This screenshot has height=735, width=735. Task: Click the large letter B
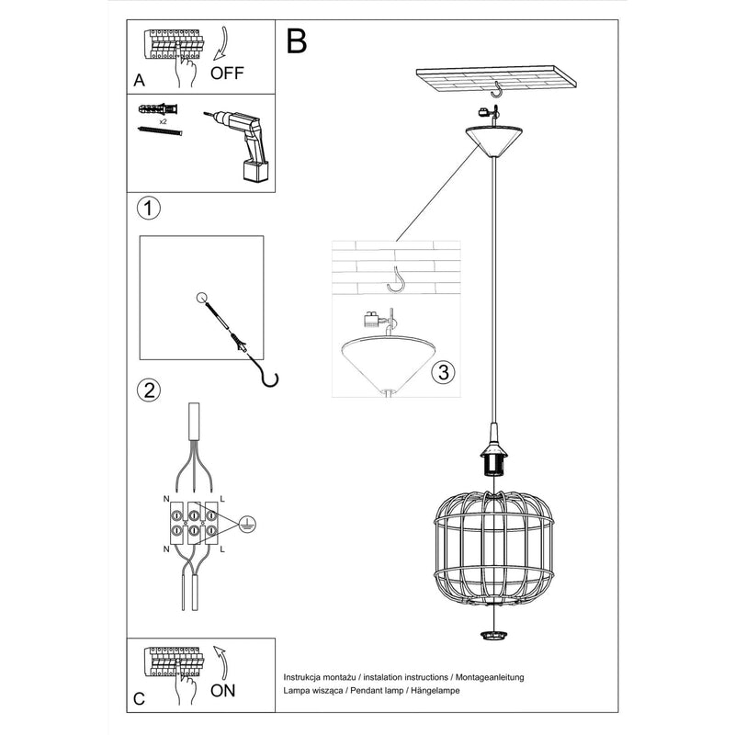pos(296,40)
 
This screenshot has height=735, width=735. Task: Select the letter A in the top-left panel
pos(139,80)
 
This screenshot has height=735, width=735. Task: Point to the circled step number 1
pos(147,208)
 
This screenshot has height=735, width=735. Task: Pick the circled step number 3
pos(442,372)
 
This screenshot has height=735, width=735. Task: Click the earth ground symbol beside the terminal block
pos(245,524)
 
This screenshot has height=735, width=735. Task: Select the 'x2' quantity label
pos(163,120)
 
